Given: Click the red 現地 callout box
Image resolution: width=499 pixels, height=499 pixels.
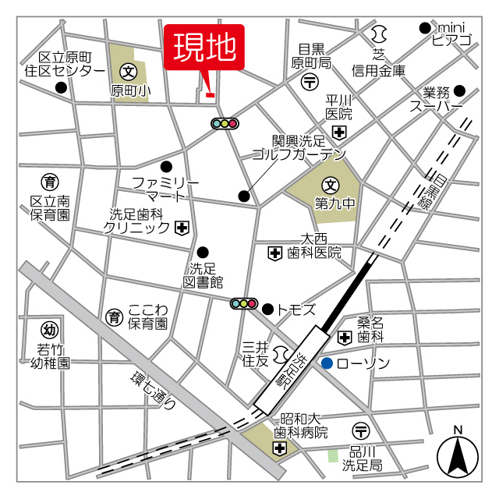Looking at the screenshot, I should (x=204, y=48).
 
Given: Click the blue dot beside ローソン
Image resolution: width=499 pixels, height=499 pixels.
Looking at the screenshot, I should (x=327, y=363).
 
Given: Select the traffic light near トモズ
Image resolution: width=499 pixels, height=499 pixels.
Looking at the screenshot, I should (x=244, y=303).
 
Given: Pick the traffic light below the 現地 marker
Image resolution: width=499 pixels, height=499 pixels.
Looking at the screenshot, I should (x=225, y=123).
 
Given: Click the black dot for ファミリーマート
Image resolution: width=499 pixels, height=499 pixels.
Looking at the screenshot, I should (x=166, y=165).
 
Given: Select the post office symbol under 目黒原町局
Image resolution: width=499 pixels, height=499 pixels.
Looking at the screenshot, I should (x=310, y=80).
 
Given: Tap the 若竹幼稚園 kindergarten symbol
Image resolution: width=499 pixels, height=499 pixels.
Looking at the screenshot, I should (x=50, y=329).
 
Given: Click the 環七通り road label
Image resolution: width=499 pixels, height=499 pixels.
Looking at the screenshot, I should (x=154, y=390).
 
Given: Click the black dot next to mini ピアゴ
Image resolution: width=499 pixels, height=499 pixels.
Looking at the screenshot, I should (x=424, y=27).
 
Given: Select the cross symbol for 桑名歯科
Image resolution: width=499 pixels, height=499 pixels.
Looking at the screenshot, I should (x=345, y=337).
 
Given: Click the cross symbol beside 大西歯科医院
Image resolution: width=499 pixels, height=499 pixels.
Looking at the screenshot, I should (x=274, y=253).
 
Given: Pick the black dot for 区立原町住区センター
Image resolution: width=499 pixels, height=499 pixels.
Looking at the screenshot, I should (x=61, y=87).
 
